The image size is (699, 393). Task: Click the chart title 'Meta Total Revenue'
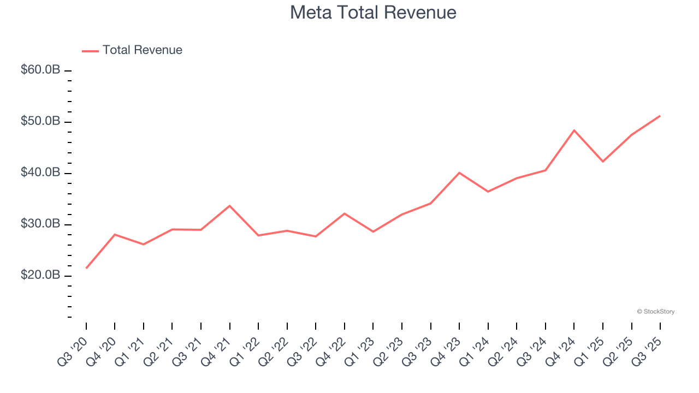click(373, 12)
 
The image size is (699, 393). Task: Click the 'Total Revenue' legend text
click(142, 50)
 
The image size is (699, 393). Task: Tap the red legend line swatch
click(90, 51)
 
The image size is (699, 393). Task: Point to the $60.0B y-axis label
click(40, 70)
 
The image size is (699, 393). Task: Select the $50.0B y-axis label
click(40, 121)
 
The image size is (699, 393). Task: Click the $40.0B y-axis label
click(40, 172)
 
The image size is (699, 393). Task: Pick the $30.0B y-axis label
click(40, 224)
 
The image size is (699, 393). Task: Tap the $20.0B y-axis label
click(40, 275)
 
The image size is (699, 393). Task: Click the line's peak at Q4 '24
click(574, 130)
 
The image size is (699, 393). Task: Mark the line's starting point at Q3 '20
click(86, 268)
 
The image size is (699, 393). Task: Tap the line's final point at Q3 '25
click(660, 116)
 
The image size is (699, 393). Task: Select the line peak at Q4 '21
click(229, 206)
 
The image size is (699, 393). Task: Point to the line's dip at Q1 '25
click(603, 162)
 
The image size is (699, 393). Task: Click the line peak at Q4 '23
click(459, 172)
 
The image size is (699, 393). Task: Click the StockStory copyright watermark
click(655, 312)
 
